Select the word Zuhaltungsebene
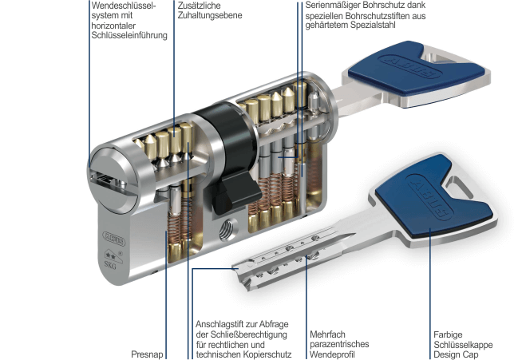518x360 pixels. [210, 15]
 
